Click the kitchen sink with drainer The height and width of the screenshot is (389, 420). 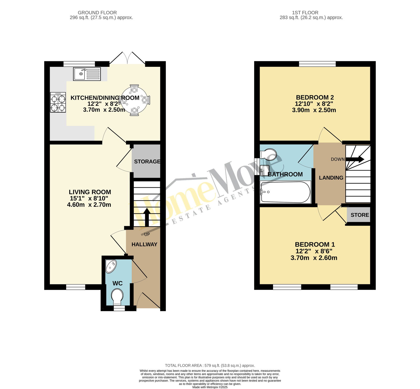tap(87, 74)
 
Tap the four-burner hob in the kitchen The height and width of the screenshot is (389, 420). tap(58, 102)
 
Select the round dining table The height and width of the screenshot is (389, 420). tap(134, 100)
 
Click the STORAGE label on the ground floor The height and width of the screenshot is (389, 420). tap(147, 161)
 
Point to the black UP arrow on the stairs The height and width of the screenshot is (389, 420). tap(146, 217)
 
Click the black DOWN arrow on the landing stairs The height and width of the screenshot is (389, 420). tap(355, 159)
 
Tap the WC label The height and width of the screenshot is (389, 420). tap(117, 283)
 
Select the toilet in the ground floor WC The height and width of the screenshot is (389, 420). tap(117, 297)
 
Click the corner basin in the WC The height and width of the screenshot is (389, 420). tap(111, 266)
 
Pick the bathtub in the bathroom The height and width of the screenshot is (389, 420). tap(285, 192)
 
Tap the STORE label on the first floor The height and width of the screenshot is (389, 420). tap(360, 215)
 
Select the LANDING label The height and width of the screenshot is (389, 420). tap(331, 178)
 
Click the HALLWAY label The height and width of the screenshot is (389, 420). tap(144, 244)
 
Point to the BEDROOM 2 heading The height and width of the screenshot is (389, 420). tap(315, 98)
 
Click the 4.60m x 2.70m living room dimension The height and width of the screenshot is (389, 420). tap(89, 205)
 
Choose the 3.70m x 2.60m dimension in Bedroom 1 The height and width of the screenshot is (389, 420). tap(314, 258)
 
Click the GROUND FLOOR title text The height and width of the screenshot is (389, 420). tap(97, 13)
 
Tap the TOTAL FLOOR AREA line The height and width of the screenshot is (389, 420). tap(210, 366)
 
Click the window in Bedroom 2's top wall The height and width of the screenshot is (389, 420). tap(317, 64)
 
